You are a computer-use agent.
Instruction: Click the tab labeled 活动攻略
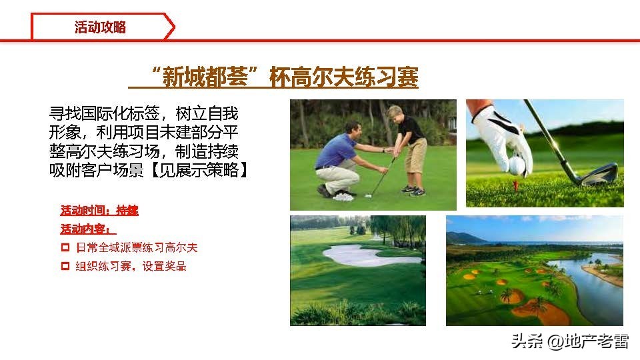click(101, 27)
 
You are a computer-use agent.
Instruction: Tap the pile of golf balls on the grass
click(344, 196)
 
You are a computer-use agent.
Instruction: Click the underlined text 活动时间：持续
click(99, 211)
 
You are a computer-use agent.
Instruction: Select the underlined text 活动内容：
click(84, 229)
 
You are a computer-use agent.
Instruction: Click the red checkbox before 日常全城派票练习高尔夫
click(65, 248)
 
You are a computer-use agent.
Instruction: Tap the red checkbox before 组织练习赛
click(65, 267)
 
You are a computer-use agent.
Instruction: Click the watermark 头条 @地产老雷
click(569, 341)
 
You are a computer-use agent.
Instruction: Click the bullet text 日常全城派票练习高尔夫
click(137, 248)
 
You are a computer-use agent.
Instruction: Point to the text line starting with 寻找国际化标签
click(143, 113)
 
